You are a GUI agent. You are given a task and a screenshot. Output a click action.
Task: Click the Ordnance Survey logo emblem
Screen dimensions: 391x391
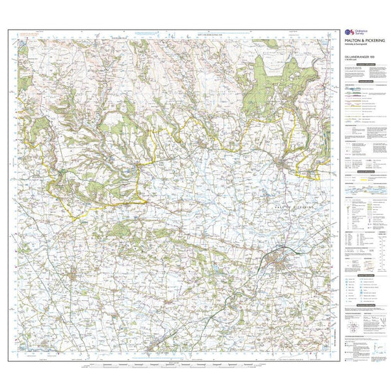click(347, 32)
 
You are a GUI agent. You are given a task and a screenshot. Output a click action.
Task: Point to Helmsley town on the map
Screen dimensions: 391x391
click(63, 172)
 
